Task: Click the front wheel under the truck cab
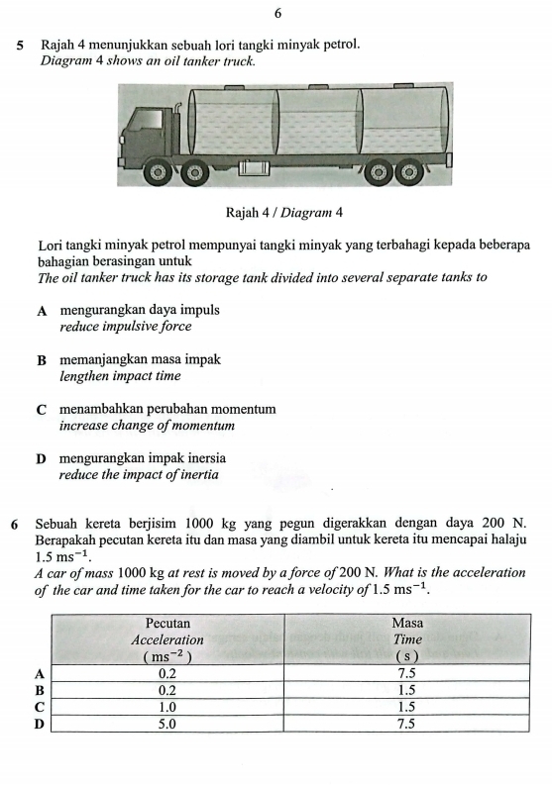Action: [156, 172]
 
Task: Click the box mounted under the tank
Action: [254, 167]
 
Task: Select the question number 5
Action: [20, 46]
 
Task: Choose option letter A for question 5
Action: [42, 310]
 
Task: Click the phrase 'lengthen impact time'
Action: [120, 376]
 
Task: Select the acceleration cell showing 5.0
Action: [167, 724]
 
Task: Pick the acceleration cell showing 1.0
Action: [167, 707]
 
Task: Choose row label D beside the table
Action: [41, 724]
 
